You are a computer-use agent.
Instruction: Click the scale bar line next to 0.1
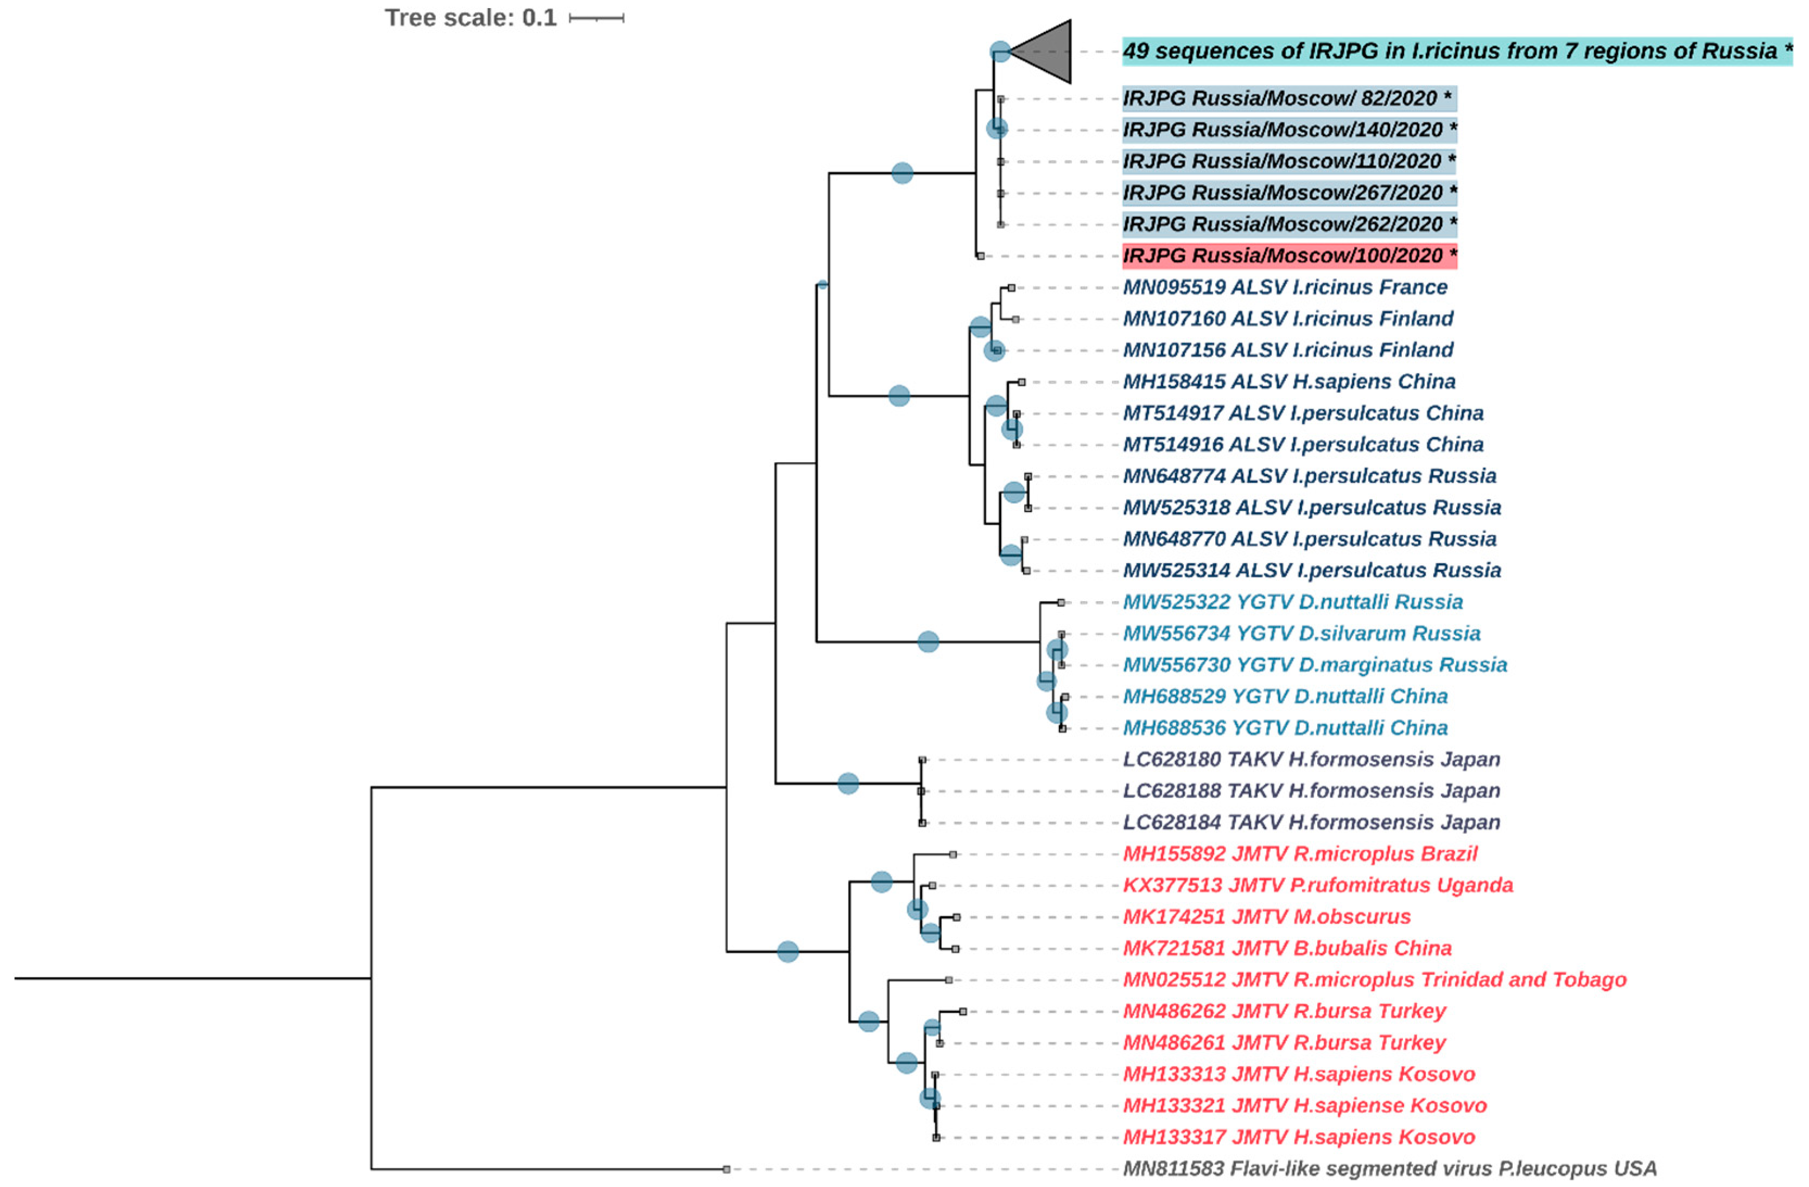pyautogui.click(x=596, y=17)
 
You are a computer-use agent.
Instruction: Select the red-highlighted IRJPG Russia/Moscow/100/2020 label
pyautogui.click(x=1289, y=256)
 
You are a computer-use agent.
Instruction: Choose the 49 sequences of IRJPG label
pyautogui.click(x=1456, y=52)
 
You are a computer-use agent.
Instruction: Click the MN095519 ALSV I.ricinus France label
pyautogui.click(x=1285, y=287)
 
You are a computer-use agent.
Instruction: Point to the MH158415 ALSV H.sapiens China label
pyautogui.click(x=1289, y=381)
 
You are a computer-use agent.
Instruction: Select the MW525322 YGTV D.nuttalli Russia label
pyautogui.click(x=1292, y=602)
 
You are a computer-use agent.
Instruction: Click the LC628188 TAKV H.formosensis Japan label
pyautogui.click(x=1311, y=791)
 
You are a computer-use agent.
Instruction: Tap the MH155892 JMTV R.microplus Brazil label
pyautogui.click(x=1300, y=854)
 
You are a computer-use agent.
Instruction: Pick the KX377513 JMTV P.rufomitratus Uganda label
pyautogui.click(x=1317, y=885)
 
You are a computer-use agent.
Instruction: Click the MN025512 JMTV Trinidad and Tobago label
pyautogui.click(x=1374, y=980)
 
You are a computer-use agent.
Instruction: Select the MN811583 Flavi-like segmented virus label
pyautogui.click(x=1389, y=1168)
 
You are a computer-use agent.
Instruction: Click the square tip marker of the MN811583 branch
pyautogui.click(x=727, y=1169)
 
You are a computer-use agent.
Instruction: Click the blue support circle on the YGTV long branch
pyautogui.click(x=928, y=642)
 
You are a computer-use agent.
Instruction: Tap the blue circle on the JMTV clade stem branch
pyautogui.click(x=788, y=952)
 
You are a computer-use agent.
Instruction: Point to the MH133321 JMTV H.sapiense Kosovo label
pyautogui.click(x=1304, y=1106)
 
